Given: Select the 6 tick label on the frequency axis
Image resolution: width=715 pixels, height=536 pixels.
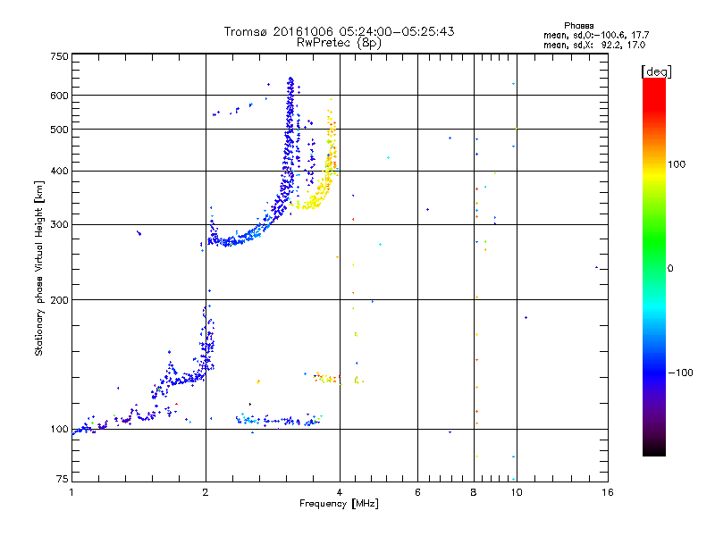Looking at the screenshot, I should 417,492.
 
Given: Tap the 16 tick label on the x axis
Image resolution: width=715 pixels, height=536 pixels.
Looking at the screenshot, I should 607,492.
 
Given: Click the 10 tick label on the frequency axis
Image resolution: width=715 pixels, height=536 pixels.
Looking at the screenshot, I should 517,492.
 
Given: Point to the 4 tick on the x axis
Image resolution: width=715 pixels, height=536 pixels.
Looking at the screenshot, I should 340,492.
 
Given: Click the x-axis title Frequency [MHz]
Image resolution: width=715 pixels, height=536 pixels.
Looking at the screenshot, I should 339,504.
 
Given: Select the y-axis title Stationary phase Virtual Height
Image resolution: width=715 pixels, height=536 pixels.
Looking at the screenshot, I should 39,268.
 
